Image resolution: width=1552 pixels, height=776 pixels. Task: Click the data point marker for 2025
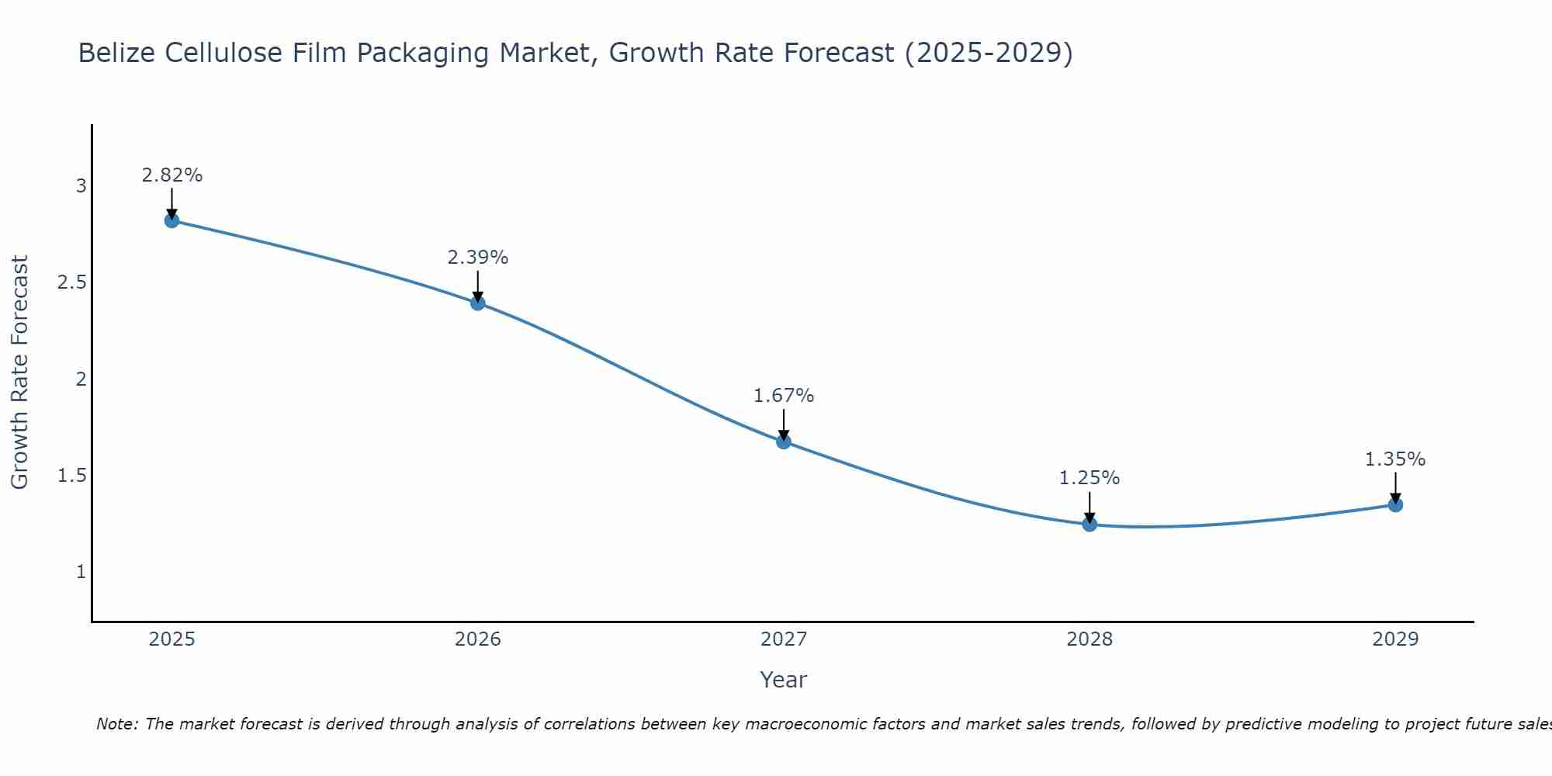(171, 220)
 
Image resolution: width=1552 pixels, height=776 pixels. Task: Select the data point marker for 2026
(478, 303)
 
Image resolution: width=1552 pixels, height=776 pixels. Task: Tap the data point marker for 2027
(784, 442)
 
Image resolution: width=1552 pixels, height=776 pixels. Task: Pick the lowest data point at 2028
(1090, 525)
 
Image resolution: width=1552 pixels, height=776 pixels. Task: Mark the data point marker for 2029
(1395, 505)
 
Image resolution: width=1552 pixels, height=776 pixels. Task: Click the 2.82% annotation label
(171, 175)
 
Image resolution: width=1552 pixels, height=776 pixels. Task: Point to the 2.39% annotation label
(478, 258)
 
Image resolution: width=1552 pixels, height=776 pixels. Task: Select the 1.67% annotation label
(784, 396)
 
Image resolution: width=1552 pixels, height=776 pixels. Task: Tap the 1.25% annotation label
(1090, 478)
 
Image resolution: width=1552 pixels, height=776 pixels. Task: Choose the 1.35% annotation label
(1395, 459)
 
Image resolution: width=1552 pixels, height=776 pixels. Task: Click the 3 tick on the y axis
(81, 186)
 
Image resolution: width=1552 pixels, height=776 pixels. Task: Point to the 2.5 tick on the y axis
(72, 282)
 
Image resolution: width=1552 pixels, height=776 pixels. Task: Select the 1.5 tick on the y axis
(72, 476)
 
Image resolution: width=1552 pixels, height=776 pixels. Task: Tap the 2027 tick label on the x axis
(784, 639)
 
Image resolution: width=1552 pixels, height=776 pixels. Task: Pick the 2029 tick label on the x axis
(1395, 639)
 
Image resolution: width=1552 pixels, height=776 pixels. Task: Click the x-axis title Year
(784, 680)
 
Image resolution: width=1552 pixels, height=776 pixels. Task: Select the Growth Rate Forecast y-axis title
(20, 372)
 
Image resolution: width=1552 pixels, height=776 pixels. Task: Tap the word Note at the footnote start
(116, 724)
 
